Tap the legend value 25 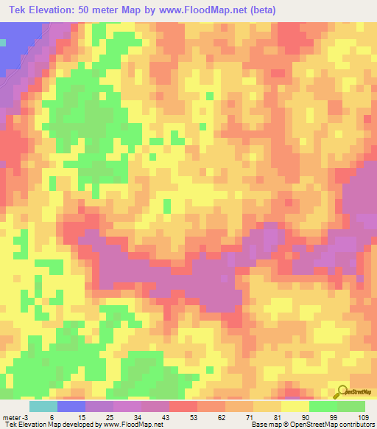[108, 416]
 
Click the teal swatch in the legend [43, 405]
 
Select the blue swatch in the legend [71, 405]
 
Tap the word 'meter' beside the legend [13, 416]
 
